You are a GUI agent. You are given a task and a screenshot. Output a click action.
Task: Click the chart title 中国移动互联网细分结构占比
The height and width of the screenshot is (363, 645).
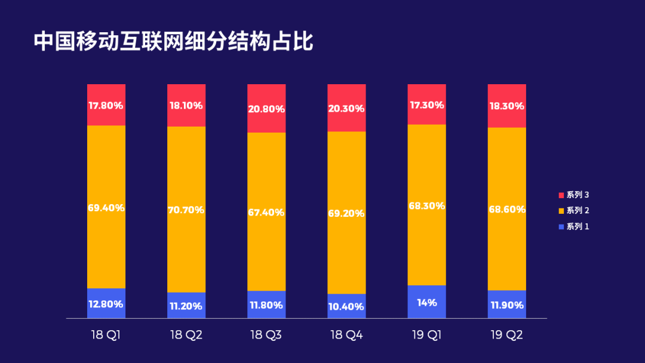[x=173, y=42]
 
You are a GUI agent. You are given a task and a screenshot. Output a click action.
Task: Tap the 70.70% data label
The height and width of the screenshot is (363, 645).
[x=186, y=210]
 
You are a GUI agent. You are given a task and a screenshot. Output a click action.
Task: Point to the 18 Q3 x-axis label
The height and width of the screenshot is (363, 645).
[x=266, y=335]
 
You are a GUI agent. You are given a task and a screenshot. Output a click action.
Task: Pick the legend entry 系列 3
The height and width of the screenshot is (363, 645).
[x=574, y=195]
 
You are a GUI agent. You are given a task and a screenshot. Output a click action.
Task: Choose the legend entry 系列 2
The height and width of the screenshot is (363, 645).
[x=574, y=211]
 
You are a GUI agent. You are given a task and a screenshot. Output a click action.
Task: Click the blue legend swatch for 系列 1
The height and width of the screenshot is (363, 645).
[x=561, y=227]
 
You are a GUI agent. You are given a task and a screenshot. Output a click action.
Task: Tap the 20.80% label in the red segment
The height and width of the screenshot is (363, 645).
[x=266, y=109]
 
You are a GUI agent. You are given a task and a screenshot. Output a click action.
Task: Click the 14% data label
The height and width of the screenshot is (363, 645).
[x=426, y=303]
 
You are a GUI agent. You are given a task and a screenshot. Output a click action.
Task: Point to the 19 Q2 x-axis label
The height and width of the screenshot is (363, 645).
[x=506, y=335]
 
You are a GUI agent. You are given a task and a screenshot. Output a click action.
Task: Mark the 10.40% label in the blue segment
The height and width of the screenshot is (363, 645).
[x=346, y=306]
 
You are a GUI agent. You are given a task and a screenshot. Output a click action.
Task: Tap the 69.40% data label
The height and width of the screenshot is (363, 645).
[x=106, y=208]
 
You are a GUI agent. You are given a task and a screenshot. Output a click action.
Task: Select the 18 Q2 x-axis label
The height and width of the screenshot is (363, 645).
[x=186, y=335]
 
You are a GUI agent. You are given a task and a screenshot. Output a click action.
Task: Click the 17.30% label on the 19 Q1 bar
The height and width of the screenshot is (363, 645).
[x=426, y=105]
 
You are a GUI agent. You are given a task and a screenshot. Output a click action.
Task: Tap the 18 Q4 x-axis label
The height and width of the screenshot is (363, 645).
[x=346, y=335]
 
